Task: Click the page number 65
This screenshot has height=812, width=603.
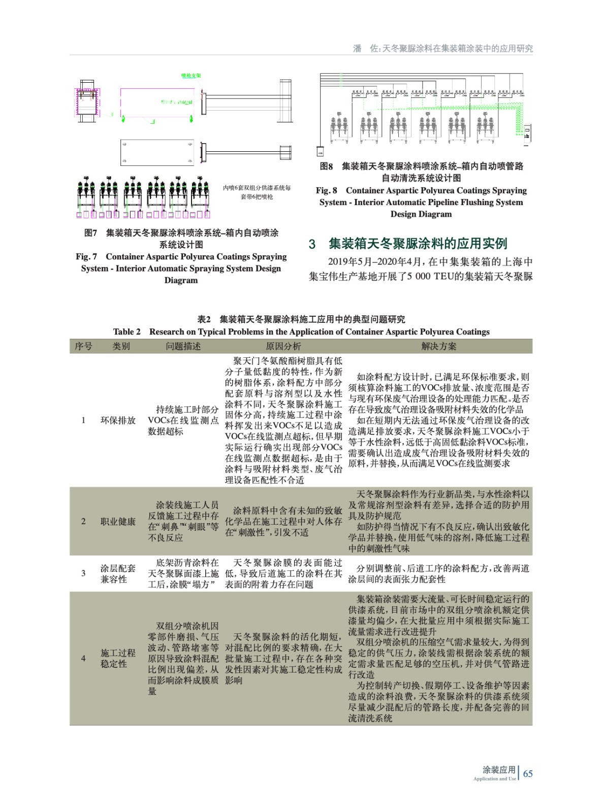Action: tap(528, 773)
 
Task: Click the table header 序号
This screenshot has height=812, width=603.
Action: tap(83, 346)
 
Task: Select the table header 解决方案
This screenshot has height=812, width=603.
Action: tap(439, 346)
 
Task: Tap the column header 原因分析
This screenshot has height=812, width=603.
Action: tap(283, 346)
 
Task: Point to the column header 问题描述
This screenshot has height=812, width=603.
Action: tap(183, 346)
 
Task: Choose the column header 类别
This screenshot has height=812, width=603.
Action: tap(121, 346)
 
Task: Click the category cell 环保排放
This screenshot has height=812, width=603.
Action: tap(118, 420)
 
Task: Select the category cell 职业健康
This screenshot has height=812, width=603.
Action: tap(118, 521)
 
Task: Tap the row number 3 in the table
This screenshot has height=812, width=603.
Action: tap(83, 573)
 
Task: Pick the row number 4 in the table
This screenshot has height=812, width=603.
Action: tap(83, 658)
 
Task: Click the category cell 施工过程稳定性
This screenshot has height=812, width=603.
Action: tap(118, 658)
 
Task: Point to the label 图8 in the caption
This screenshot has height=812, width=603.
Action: tap(326, 166)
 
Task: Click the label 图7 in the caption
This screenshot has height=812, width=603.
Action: tap(90, 233)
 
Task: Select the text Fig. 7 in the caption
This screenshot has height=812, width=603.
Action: tap(86, 257)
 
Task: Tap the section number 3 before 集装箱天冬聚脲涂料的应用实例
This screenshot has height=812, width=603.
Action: tap(312, 244)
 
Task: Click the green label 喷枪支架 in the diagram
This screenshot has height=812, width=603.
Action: tap(191, 76)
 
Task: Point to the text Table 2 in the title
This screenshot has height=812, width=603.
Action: tap(127, 332)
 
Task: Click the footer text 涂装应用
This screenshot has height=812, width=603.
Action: tap(499, 769)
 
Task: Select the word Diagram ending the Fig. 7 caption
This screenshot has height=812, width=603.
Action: tap(181, 280)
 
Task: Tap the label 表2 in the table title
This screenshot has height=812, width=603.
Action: tap(204, 320)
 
